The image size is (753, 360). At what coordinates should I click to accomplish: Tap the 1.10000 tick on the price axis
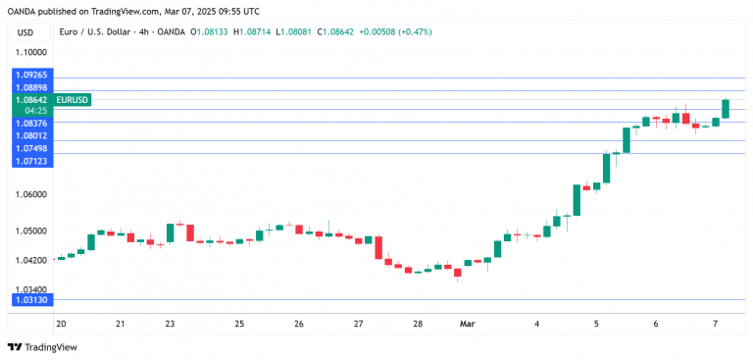point(30,53)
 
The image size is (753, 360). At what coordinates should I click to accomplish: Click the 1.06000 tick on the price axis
point(30,194)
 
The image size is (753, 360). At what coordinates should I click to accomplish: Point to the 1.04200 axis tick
point(30,259)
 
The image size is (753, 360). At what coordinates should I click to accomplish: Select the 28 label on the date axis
point(418,323)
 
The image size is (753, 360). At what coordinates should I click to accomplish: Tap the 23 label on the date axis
point(170,323)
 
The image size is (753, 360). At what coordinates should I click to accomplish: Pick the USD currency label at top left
point(25,31)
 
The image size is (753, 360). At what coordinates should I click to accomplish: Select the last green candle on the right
point(726,109)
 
